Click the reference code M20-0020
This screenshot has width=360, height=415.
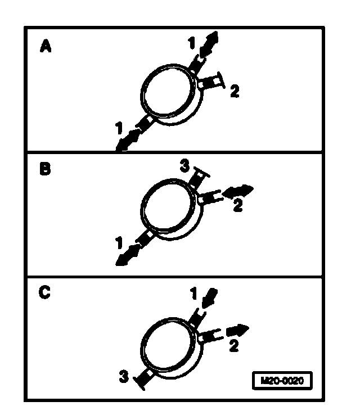(x=281, y=381)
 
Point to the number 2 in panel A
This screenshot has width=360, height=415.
(x=234, y=91)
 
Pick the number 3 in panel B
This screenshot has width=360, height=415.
(x=184, y=166)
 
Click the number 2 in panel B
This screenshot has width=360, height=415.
(x=238, y=206)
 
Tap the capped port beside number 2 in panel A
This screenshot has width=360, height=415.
(x=214, y=82)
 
